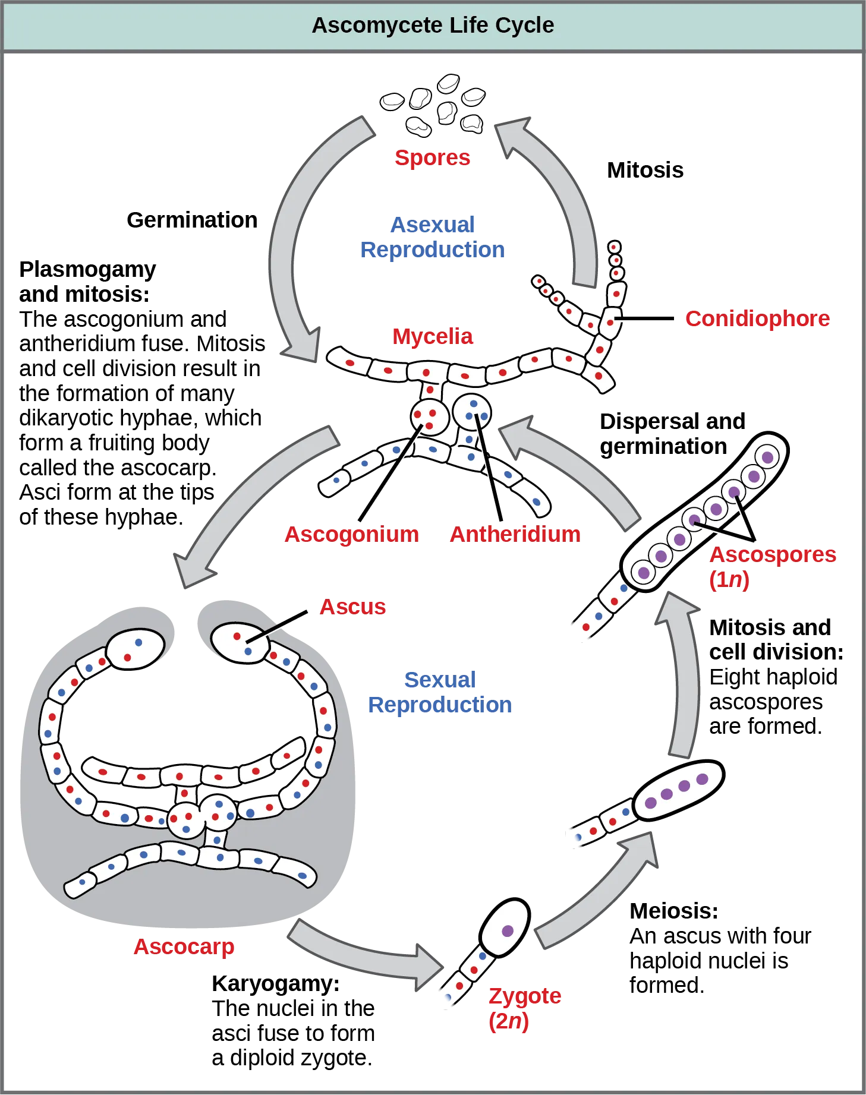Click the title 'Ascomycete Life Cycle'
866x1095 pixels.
pos(433,26)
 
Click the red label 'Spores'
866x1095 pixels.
pos(432,157)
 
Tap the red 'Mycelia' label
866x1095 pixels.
pos(433,337)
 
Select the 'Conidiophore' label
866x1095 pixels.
pos(757,319)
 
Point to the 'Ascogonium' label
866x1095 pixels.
pos(351,534)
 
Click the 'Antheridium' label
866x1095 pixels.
pos(515,534)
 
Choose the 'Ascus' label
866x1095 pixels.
pos(353,607)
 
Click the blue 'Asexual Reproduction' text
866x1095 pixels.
pos(433,237)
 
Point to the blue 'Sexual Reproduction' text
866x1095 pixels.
pos(440,692)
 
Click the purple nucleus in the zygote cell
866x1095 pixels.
pos(507,931)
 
